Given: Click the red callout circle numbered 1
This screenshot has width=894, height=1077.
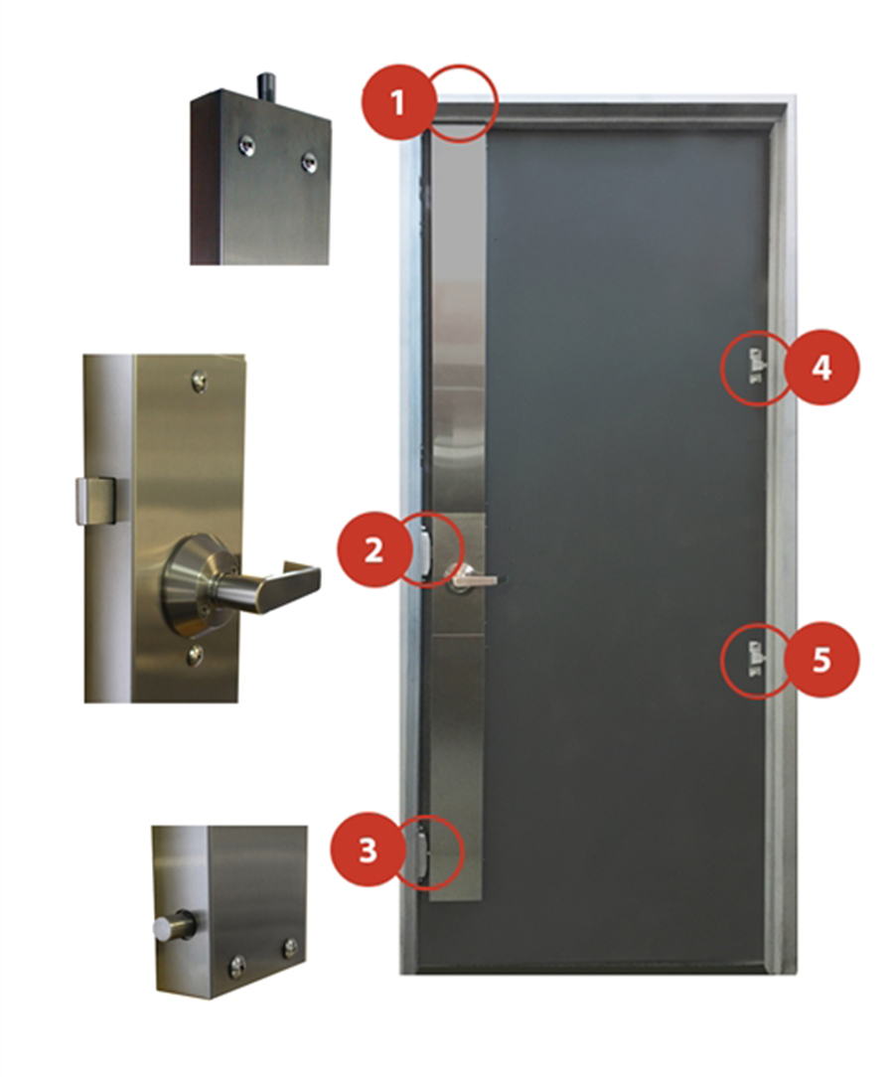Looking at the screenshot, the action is pyautogui.click(x=398, y=103).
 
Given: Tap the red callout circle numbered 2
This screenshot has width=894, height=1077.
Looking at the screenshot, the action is pyautogui.click(x=373, y=549).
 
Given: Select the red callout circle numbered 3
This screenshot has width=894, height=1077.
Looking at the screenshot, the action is pyautogui.click(x=369, y=850).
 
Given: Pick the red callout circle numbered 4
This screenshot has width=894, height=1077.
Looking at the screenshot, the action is pyautogui.click(x=821, y=369).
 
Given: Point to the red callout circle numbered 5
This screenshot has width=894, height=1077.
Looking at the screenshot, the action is pyautogui.click(x=821, y=660).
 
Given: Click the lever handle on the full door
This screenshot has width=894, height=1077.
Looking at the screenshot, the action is pyautogui.click(x=472, y=579).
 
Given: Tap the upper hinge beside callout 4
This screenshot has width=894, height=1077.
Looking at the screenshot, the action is pyautogui.click(x=756, y=365).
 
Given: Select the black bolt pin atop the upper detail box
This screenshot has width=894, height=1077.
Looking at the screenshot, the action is pyautogui.click(x=266, y=84).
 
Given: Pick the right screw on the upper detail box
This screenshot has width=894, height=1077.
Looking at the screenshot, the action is pyautogui.click(x=308, y=161).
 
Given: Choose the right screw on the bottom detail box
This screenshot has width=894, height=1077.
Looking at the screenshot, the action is pyautogui.click(x=290, y=947).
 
